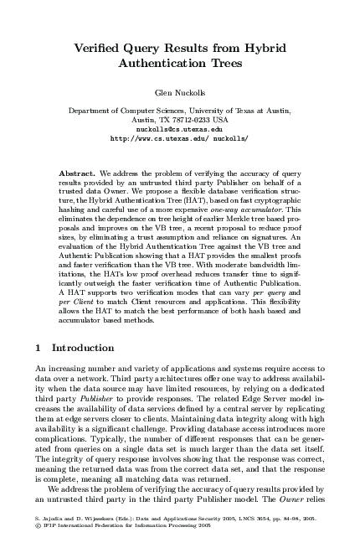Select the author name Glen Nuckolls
179,94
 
